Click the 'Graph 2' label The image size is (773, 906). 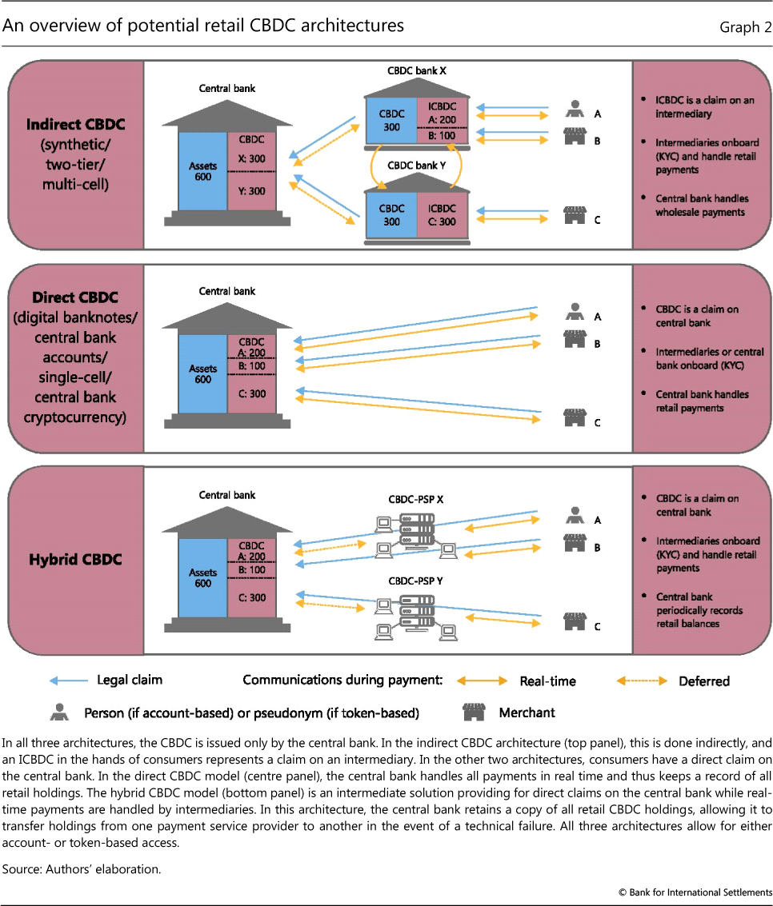(x=739, y=27)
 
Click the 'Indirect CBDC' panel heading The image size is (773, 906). (x=75, y=125)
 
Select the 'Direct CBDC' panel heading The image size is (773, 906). (x=75, y=297)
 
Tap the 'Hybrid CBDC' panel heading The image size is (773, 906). (x=75, y=559)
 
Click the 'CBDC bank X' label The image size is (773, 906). (x=416, y=71)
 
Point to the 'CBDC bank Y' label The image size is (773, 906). (x=416, y=166)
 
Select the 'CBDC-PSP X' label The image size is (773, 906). (x=416, y=499)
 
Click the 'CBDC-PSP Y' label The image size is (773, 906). (x=416, y=579)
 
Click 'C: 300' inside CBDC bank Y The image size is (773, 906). (x=443, y=222)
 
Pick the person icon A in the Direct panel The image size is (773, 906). (x=573, y=309)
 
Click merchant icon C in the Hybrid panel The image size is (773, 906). (x=573, y=621)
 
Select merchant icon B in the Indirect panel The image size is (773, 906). (x=573, y=136)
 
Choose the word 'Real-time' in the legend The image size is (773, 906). (x=547, y=681)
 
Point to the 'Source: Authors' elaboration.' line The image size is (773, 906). (x=82, y=869)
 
